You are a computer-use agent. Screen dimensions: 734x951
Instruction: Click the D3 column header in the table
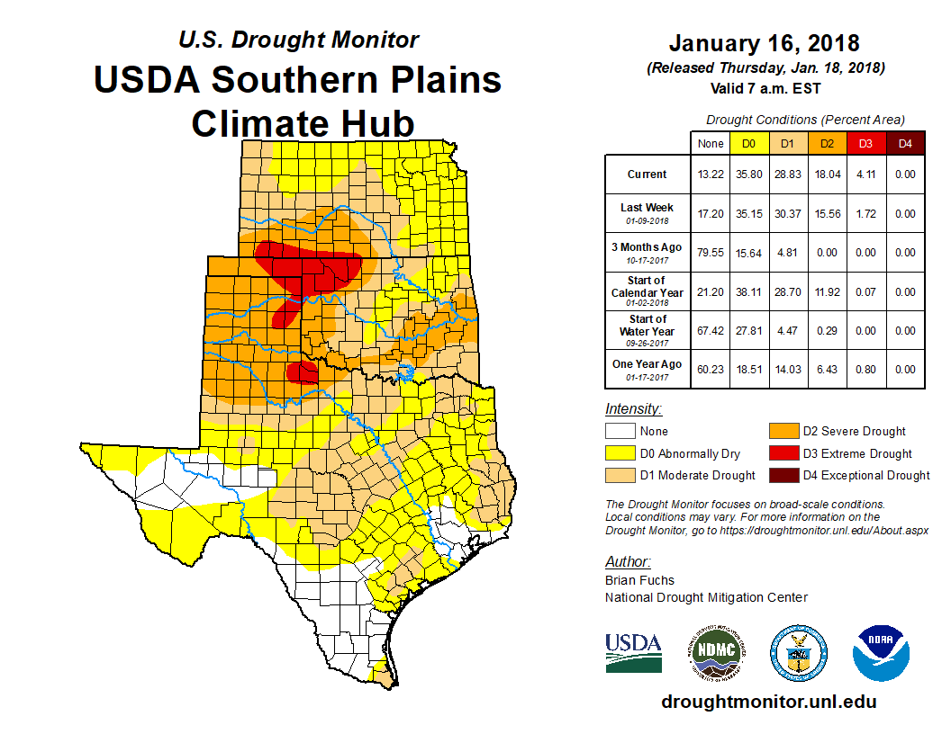point(865,143)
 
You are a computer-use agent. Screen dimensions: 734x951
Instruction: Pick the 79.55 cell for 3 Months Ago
point(711,253)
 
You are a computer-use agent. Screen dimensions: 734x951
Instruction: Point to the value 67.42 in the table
point(711,331)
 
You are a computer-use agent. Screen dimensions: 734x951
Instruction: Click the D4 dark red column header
point(905,143)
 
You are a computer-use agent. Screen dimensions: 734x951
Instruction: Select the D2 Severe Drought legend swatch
point(783,431)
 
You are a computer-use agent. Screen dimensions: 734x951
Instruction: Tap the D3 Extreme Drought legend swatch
point(783,453)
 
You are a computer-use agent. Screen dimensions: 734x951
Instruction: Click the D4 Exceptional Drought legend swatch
point(783,475)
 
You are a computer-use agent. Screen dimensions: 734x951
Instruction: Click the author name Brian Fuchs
point(639,580)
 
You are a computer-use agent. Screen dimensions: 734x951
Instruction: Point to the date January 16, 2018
point(765,43)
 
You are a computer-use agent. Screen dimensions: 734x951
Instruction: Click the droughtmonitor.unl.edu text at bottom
point(768,702)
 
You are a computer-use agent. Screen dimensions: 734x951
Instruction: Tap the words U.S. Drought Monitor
point(298,40)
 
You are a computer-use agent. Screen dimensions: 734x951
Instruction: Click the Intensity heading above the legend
point(633,408)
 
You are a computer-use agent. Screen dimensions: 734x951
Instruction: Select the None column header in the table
point(711,143)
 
